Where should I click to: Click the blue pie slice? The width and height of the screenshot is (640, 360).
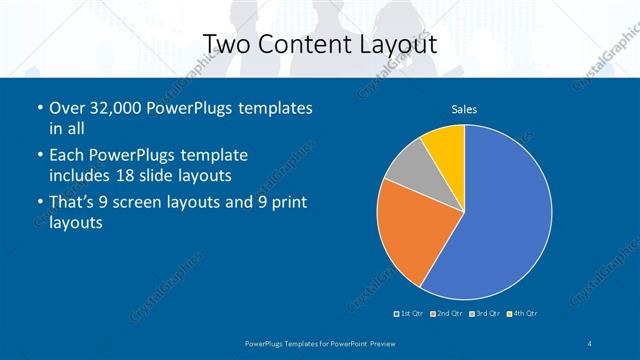point(500,215)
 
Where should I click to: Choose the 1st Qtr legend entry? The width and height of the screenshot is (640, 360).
point(410,314)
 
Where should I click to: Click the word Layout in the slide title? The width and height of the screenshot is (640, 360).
point(391,44)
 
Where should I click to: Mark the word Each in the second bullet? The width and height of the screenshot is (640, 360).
point(67,155)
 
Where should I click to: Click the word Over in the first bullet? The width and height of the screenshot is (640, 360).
point(67,108)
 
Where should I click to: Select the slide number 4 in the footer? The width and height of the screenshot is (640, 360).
point(590,344)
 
